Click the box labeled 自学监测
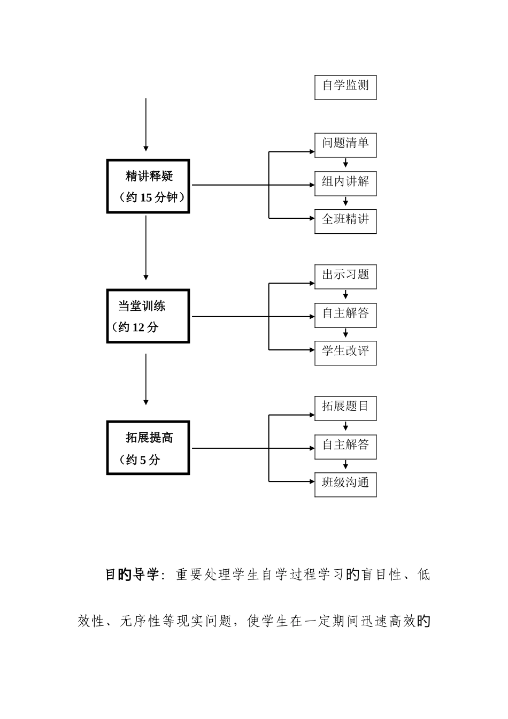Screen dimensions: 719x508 click(345, 87)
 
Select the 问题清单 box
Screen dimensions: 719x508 click(345, 145)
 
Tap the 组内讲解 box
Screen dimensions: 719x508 click(345, 183)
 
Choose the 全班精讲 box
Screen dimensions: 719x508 click(345, 221)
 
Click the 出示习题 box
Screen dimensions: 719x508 click(345, 277)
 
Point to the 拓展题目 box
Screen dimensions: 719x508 click(345, 408)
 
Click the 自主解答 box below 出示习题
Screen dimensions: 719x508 click(345, 315)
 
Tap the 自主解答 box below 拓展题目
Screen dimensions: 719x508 click(345, 446)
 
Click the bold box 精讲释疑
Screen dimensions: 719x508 click(148, 186)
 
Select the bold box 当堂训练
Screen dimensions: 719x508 click(148, 316)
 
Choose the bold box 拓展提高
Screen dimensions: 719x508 click(148, 448)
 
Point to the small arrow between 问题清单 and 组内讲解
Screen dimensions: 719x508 click(346, 163)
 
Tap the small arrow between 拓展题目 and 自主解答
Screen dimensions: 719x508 click(346, 426)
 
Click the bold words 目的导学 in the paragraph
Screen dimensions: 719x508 click(132, 576)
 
